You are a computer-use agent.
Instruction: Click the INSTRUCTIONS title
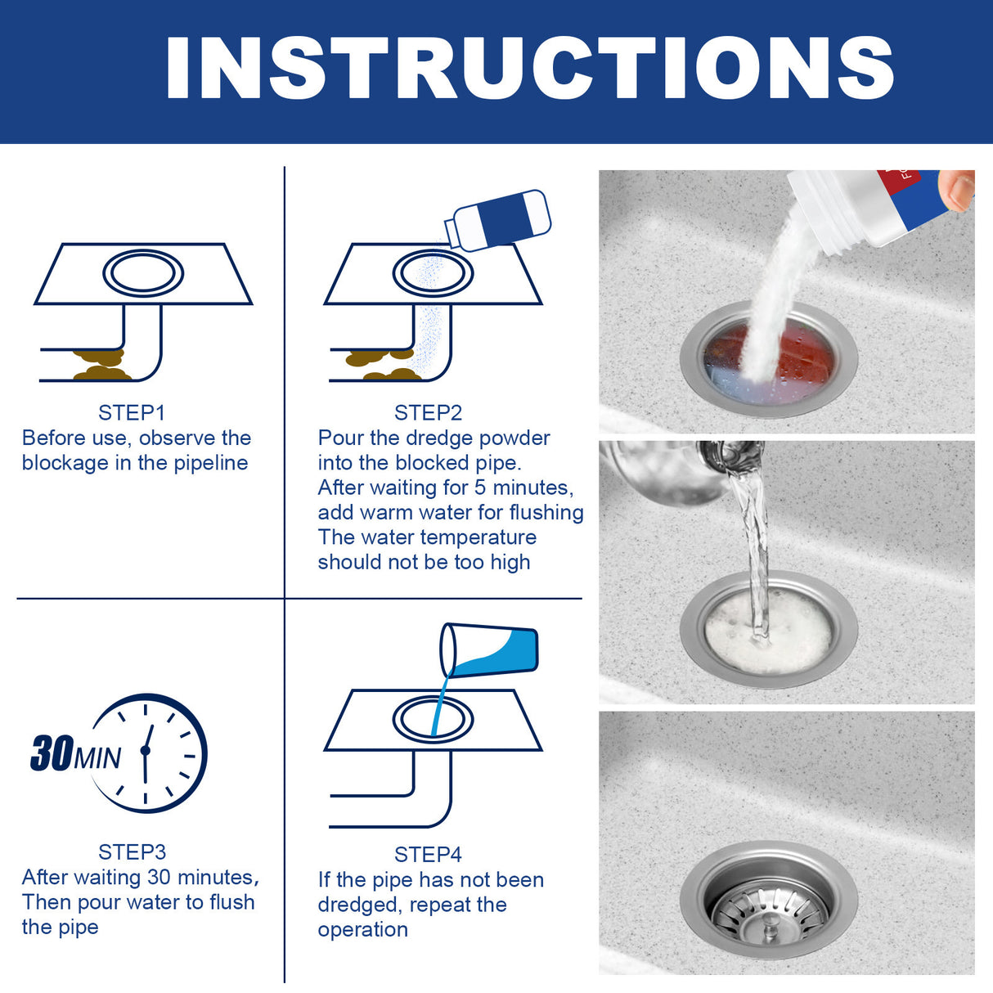529,68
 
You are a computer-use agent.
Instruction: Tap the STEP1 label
131,412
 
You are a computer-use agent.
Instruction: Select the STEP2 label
428,412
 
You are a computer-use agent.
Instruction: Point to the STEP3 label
132,851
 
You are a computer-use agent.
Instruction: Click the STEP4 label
428,854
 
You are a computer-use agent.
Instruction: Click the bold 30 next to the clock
52,753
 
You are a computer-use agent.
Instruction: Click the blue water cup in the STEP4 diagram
491,650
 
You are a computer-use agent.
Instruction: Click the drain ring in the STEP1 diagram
142,273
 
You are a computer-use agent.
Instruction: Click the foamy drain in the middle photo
768,631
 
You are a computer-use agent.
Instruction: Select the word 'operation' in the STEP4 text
362,930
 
